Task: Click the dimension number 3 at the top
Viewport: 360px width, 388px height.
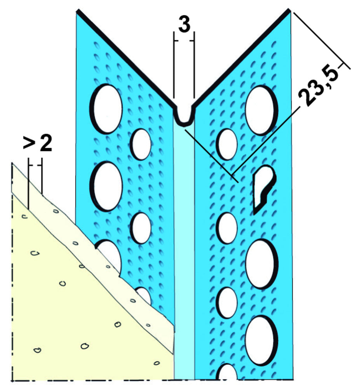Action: [x=184, y=24]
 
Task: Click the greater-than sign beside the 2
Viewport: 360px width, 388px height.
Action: [x=29, y=144]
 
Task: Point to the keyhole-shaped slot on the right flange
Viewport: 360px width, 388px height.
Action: [x=264, y=189]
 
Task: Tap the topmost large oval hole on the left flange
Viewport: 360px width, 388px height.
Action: [x=106, y=109]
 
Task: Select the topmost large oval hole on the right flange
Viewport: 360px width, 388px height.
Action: [x=261, y=110]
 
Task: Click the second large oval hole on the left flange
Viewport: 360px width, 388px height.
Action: [x=106, y=186]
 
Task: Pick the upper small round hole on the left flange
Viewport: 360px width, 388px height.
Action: [x=141, y=144]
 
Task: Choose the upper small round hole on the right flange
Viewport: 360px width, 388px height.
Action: [x=227, y=144]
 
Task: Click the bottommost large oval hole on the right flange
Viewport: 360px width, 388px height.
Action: [x=261, y=341]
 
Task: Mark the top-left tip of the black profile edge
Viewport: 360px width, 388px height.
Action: [x=77, y=10]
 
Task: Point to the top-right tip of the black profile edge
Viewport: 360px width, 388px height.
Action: [x=289, y=10]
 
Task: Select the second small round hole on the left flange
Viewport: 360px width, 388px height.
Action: [x=141, y=228]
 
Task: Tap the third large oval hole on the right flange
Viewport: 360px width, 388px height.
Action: [x=261, y=264]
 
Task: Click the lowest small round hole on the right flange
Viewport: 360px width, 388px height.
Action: [x=227, y=303]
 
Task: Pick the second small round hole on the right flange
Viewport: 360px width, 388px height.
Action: [x=227, y=228]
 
